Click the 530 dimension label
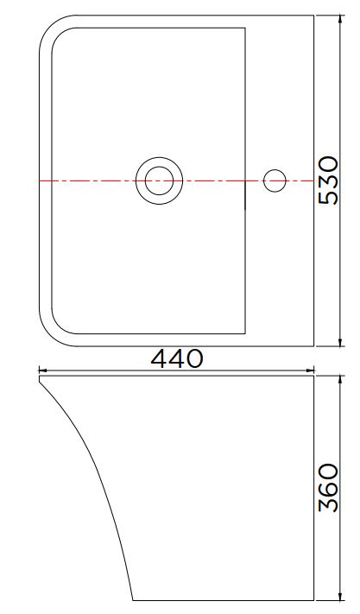(x=328, y=180)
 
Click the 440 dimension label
(x=177, y=358)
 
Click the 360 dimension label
(x=328, y=488)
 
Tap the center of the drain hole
(x=159, y=180)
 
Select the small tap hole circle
(x=275, y=180)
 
